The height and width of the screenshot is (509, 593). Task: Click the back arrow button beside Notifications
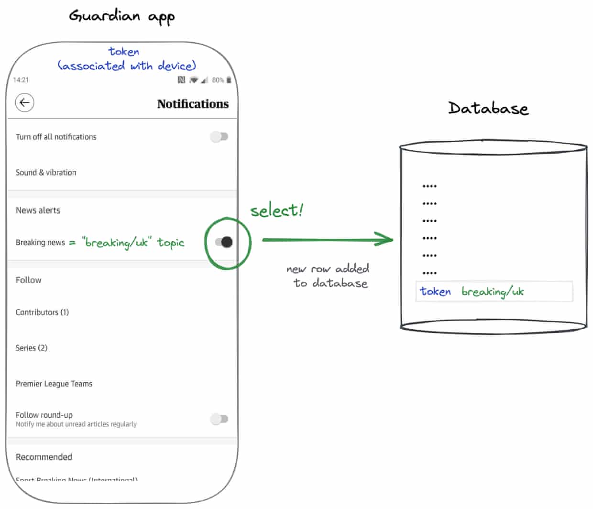[24, 102]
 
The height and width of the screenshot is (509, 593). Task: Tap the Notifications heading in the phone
[193, 104]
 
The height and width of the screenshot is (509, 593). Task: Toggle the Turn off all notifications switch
[220, 137]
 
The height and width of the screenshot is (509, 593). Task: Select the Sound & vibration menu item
[46, 172]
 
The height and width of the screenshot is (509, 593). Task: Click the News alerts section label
[38, 210]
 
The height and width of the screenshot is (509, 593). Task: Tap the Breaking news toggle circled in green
[224, 242]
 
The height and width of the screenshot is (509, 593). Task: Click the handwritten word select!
[277, 210]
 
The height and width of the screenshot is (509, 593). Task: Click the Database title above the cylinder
[488, 108]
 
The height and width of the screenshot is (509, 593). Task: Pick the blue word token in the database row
[435, 291]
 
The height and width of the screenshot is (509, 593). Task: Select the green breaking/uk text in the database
[493, 291]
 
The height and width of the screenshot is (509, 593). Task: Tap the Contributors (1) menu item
[42, 312]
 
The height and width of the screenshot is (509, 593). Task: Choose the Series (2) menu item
[32, 348]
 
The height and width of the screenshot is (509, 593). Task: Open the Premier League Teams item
[54, 384]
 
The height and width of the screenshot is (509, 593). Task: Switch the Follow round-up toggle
[220, 419]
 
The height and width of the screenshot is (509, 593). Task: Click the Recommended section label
[44, 457]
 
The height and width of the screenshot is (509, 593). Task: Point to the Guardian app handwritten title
[122, 17]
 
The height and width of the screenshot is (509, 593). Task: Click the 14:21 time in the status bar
[21, 80]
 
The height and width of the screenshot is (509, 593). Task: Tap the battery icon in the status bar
[229, 80]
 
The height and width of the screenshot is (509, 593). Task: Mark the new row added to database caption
[329, 276]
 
